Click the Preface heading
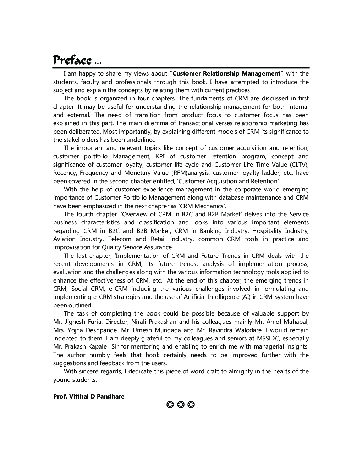pyautogui.click(x=73, y=60)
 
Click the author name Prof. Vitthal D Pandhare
pyautogui.click(x=89, y=396)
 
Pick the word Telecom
pyautogui.click(x=120, y=239)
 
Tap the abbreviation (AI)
pyautogui.click(x=246, y=297)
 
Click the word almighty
pyautogui.click(x=239, y=371)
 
